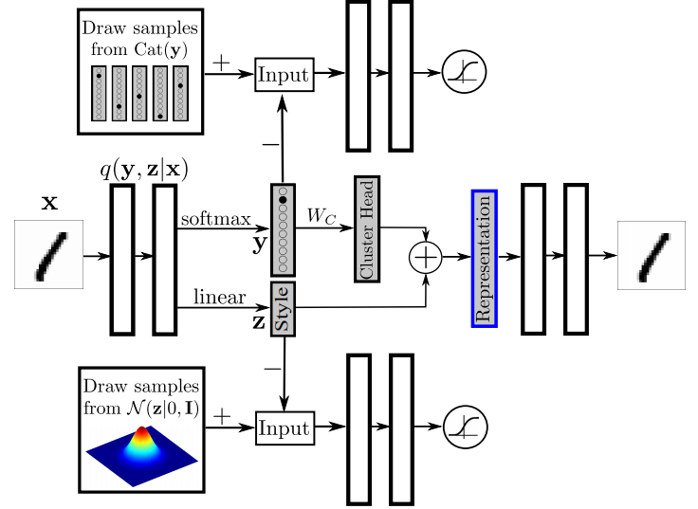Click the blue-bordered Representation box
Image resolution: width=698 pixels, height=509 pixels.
coord(484,258)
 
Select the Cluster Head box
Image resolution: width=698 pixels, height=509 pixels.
coord(366,228)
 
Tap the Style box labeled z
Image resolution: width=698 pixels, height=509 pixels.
coord(284,308)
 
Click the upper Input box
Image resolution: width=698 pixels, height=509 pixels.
coord(285,74)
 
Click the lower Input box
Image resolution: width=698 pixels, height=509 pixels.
coord(285,429)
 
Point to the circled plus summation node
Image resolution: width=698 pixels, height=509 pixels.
coord(426,257)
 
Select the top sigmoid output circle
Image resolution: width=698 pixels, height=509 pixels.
coord(463,74)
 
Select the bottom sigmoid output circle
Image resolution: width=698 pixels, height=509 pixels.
coord(463,429)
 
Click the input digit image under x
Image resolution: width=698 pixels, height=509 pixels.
coord(48,255)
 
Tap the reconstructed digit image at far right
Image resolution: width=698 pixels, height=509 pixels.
coord(652,255)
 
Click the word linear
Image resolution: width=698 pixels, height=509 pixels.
coord(220,299)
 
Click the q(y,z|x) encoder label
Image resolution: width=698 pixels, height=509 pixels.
coord(143,170)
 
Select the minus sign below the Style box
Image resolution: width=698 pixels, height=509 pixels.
coord(272,367)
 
